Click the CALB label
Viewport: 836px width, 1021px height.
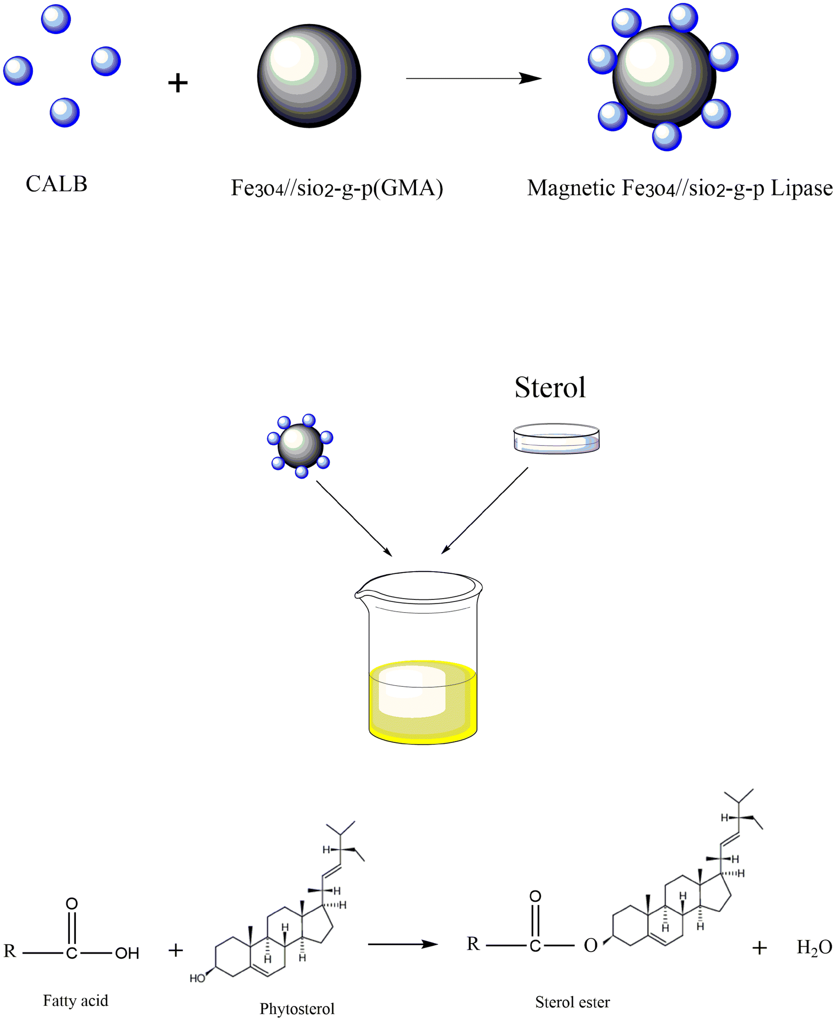56,184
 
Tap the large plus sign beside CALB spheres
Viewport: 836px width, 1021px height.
178,83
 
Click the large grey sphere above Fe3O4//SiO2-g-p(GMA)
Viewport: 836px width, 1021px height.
309,76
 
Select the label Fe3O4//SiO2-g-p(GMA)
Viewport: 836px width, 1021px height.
336,188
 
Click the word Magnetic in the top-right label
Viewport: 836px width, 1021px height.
571,188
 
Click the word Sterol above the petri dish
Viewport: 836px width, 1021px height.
550,388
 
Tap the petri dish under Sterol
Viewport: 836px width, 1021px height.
556,439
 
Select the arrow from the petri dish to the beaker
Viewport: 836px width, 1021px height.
485,510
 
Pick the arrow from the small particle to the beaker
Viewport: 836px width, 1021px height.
354,518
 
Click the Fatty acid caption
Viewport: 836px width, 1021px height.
75,1001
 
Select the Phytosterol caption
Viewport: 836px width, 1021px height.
297,1009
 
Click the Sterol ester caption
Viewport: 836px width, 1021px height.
572,1002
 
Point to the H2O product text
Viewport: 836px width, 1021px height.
814,948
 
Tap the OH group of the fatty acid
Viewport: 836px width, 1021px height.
127,953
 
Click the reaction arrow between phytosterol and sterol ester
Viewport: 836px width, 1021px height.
402,945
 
